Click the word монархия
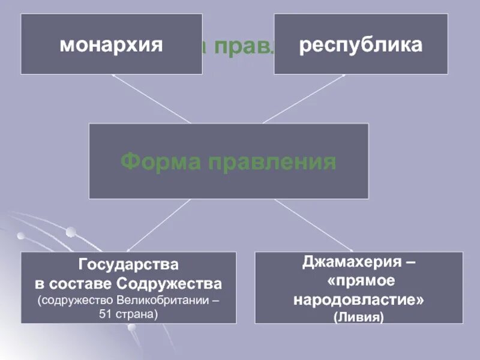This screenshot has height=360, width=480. [111, 45]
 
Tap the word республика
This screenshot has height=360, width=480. [361, 45]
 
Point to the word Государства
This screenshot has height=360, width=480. [128, 264]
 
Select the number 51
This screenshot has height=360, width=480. [109, 314]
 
